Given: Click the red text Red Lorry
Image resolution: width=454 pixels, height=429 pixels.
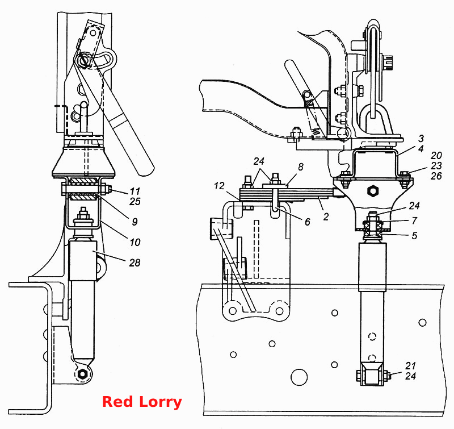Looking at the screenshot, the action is coord(142,402).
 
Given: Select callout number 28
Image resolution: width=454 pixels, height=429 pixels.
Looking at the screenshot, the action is coord(134,263).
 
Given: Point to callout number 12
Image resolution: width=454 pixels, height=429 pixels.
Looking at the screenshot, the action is coord(219,186).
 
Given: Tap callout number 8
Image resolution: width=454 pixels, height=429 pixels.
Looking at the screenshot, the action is coord(301,166).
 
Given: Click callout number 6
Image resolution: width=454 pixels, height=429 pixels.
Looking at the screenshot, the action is coord(307,222).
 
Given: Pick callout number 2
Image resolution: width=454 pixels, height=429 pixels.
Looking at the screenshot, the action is coord(326,216).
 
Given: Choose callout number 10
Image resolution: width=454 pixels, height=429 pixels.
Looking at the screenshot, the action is coord(135,242).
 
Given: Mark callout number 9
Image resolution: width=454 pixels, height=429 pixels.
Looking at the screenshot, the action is coord(134,222).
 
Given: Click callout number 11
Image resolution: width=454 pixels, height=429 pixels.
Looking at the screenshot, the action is coord(135,191).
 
